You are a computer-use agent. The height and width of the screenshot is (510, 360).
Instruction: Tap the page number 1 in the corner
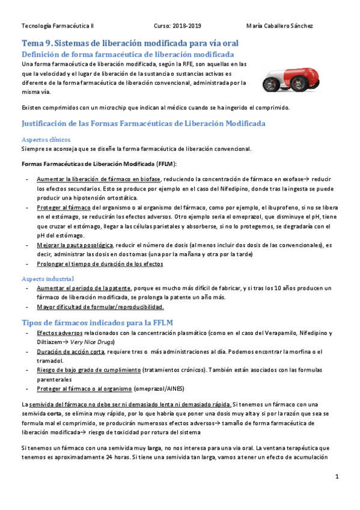337,477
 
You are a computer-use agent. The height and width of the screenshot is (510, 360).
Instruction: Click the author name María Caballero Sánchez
279,26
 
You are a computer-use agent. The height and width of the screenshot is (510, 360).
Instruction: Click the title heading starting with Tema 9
130,43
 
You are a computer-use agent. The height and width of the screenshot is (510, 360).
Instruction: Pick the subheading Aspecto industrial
48,279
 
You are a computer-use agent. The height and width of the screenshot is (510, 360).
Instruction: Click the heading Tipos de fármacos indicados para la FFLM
97,322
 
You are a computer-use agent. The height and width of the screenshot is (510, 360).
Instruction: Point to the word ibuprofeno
276,207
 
